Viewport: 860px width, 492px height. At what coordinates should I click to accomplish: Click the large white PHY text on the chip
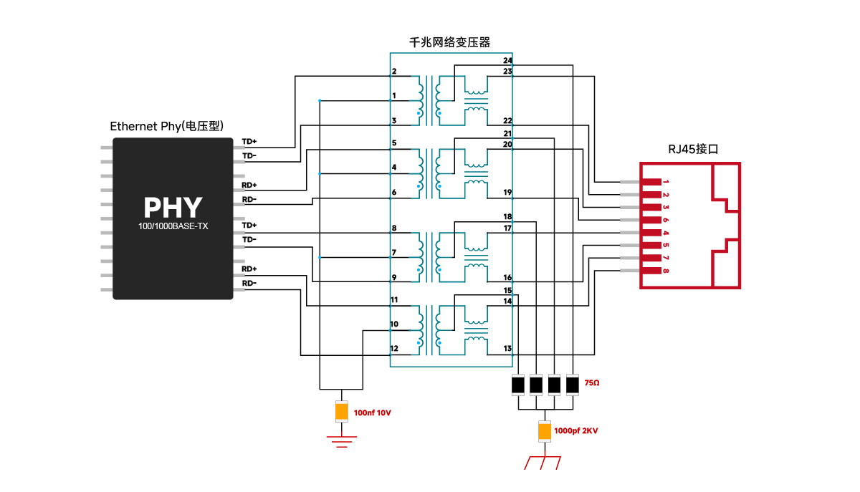[x=173, y=208]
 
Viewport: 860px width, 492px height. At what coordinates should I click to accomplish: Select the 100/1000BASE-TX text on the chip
[x=173, y=226]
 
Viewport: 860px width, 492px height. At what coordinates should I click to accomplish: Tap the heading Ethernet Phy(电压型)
[x=166, y=126]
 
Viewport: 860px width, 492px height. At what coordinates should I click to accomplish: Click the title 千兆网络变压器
[x=449, y=42]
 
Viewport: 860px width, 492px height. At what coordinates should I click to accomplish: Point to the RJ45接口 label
[x=693, y=149]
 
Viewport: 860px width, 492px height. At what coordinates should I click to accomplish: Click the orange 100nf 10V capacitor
[x=342, y=411]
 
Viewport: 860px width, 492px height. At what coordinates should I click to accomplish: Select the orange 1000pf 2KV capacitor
[x=545, y=431]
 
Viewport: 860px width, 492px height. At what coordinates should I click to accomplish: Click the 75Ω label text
[x=592, y=383]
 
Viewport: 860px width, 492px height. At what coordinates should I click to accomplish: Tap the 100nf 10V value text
[x=372, y=413]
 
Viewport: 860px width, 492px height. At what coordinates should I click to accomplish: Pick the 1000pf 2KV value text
[x=576, y=431]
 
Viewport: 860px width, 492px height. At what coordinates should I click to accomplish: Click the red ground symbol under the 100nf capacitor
[x=342, y=442]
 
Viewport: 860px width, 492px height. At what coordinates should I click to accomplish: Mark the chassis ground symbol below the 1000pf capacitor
[x=543, y=463]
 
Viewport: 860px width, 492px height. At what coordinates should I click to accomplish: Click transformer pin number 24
[x=507, y=61]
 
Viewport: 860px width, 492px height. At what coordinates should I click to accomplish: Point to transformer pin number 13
[x=507, y=349]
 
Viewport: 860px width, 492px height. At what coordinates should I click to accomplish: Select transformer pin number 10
[x=394, y=324]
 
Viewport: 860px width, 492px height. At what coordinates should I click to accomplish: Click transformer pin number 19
[x=507, y=192]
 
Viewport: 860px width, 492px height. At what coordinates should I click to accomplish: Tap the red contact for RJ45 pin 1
[x=651, y=182]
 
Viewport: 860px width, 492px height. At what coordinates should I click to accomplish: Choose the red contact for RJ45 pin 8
[x=651, y=271]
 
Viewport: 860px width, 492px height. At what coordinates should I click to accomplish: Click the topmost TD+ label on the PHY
[x=249, y=142]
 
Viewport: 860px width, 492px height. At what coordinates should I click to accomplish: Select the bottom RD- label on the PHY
[x=249, y=284]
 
